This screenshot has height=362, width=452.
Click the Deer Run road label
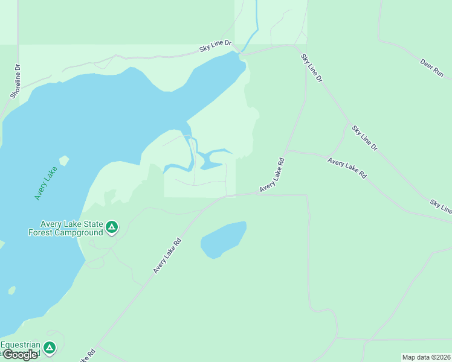431,66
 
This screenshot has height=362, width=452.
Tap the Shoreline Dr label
16,81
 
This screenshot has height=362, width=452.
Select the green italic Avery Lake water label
45,183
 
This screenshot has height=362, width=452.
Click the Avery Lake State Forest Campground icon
111,227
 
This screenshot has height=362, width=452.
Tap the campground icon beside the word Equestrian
50,348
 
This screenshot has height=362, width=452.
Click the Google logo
19,355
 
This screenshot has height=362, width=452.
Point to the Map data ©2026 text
426,357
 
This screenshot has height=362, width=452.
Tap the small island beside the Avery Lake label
63,161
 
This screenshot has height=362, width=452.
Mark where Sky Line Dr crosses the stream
244,51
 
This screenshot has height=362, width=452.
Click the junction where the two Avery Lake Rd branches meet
286,151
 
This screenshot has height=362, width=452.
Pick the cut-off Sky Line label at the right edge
441,206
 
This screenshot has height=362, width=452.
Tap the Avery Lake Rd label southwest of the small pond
167,255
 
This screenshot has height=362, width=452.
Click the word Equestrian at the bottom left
20,345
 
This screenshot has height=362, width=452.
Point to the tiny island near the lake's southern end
11,290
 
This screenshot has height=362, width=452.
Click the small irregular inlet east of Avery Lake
211,159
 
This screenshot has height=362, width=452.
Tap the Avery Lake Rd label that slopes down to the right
347,168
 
